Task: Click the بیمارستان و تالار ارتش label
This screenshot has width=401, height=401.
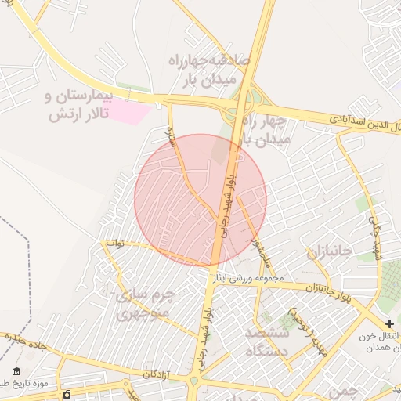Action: pos(79,105)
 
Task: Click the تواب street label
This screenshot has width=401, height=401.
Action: pos(115,244)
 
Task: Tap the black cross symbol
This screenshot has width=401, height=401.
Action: pos(390,323)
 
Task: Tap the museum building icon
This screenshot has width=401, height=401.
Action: pos(17,371)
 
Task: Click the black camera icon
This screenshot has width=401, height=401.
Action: pos(68,393)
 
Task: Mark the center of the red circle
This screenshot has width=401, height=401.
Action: pos(200,200)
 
